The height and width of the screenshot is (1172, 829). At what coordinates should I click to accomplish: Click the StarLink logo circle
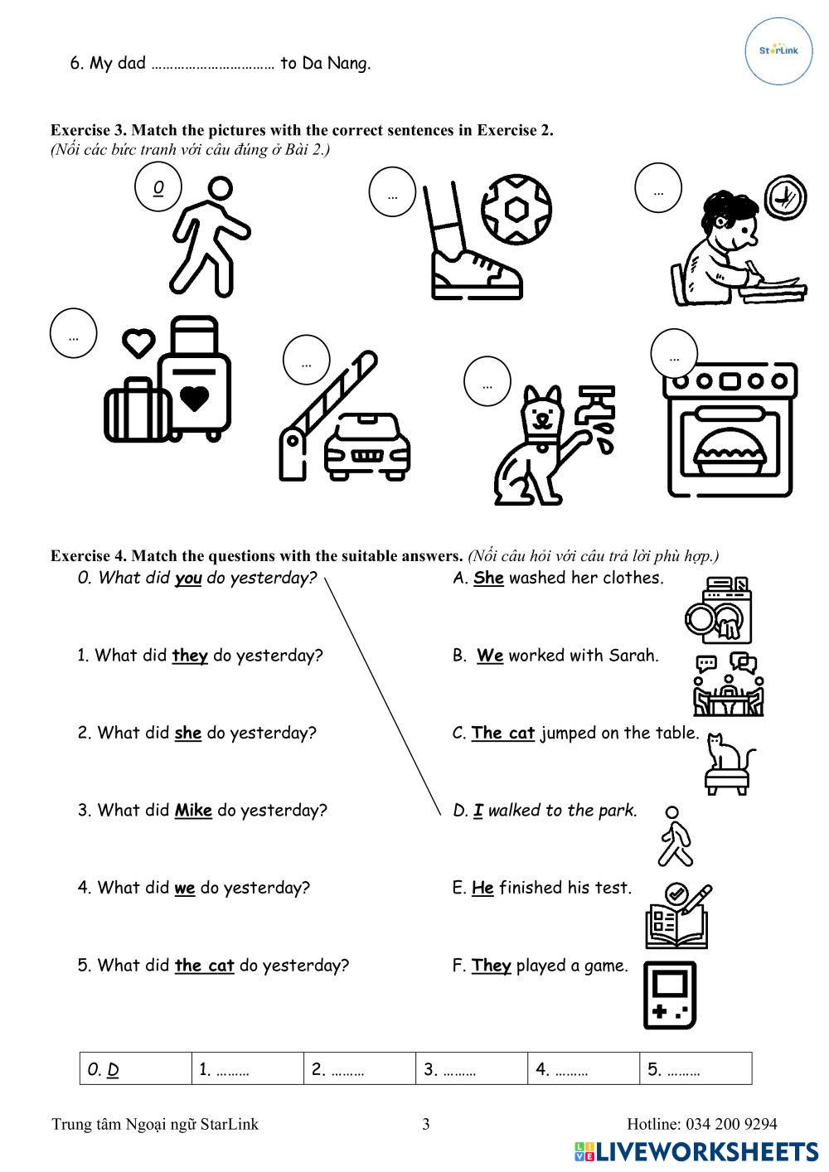[778, 51]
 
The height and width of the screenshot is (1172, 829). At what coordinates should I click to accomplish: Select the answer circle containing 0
[158, 187]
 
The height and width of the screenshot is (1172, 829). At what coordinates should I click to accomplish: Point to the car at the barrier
[366, 444]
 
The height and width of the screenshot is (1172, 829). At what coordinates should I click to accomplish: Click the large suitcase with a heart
[196, 377]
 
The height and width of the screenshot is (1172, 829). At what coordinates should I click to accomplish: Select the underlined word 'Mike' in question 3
[193, 811]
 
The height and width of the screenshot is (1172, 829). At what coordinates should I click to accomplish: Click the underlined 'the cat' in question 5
[204, 966]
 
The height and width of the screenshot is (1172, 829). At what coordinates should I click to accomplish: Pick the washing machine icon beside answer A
[719, 610]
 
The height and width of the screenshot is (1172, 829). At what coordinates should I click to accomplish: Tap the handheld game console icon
[669, 995]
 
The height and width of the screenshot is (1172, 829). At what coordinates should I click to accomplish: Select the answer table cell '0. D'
[136, 1069]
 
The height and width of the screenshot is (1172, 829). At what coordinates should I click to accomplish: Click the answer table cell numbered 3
[471, 1069]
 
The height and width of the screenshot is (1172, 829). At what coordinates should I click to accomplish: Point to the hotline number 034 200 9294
[731, 1124]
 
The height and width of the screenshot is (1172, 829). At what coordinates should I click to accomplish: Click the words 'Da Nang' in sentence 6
[336, 63]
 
